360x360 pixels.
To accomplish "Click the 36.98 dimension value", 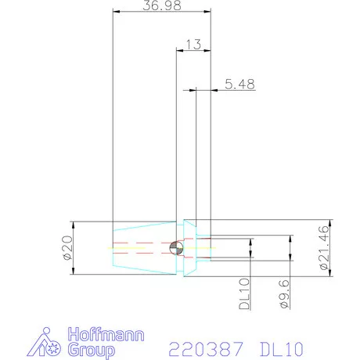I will [160, 5].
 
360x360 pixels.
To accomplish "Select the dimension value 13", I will [193, 45].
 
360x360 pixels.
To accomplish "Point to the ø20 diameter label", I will [66, 247].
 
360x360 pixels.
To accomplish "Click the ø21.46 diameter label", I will [324, 247].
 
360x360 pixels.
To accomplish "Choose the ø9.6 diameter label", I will [284, 289].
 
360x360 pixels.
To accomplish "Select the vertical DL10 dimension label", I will [243, 290].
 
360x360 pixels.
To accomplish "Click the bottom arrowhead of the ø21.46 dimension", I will [331, 273].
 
